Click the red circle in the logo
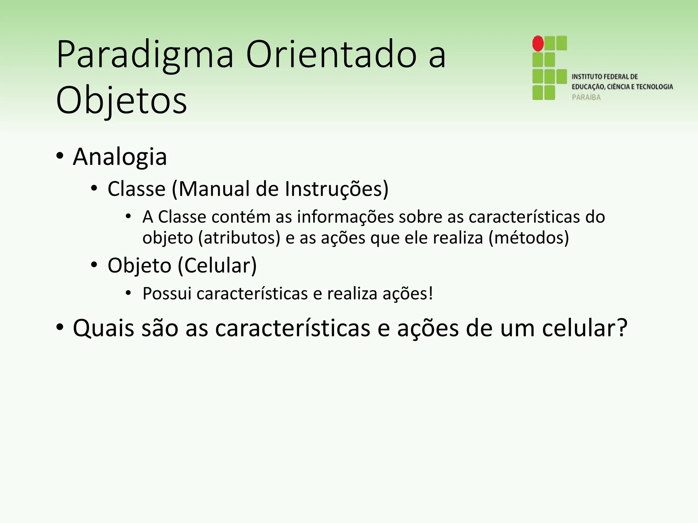pyautogui.click(x=538, y=44)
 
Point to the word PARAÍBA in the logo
pyautogui.click(x=586, y=97)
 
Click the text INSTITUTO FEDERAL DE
pyautogui.click(x=605, y=77)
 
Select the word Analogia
pyautogui.click(x=120, y=157)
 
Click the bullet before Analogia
pyautogui.click(x=60, y=157)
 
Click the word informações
pyautogui.click(x=346, y=217)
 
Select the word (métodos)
pyautogui.click(x=529, y=238)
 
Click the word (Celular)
pyautogui.click(x=217, y=265)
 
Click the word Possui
pyautogui.click(x=167, y=294)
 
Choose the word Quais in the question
pyautogui.click(x=103, y=328)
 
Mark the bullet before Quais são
pyautogui.click(x=60, y=328)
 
